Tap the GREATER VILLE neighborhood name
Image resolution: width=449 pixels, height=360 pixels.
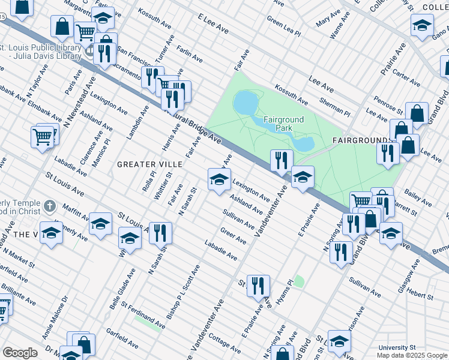click(x=145, y=164)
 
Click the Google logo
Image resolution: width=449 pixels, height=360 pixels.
click(x=20, y=353)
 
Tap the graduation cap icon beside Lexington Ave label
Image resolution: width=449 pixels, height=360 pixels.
click(x=219, y=179)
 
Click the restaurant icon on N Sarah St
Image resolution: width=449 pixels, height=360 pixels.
click(x=160, y=233)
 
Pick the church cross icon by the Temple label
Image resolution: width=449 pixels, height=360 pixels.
click(x=49, y=208)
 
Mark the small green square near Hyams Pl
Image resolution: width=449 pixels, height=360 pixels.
click(x=299, y=281)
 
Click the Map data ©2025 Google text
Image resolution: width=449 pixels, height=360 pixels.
click(x=411, y=355)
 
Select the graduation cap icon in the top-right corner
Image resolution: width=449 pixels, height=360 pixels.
click(x=422, y=25)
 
